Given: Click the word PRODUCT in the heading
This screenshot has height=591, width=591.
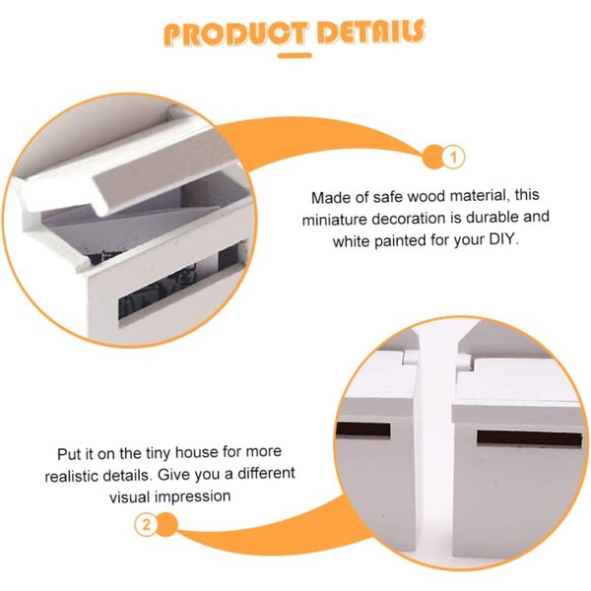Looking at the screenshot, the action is coord(236,33).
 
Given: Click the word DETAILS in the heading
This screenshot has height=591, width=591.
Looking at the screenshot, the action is coord(371,32).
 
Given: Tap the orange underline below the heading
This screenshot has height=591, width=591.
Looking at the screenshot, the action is coord(295,56).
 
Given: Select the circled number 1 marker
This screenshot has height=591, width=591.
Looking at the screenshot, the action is coord(453,157).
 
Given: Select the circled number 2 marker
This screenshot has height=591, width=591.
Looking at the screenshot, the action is coord(146,524).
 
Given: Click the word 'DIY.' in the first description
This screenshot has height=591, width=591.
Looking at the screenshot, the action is coord(504,239).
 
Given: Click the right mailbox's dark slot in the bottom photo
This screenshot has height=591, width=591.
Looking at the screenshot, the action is coord(530,438).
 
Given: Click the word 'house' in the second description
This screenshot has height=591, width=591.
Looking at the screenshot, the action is coord(196,453).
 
